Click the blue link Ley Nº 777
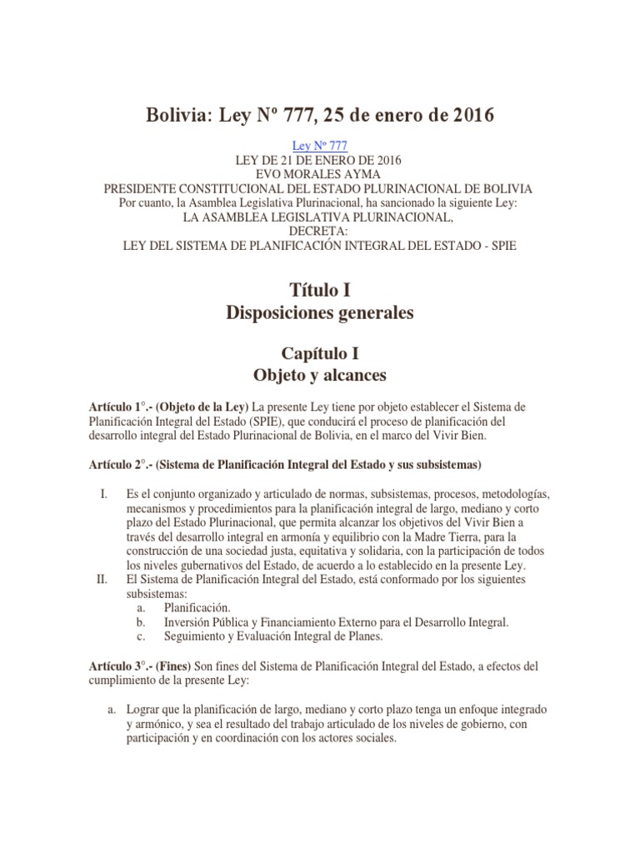tap(320, 145)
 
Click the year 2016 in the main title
tap(467, 115)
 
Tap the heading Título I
tap(320, 290)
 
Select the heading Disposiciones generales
tap(320, 313)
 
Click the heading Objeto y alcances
tap(320, 375)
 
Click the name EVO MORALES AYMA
tap(320, 174)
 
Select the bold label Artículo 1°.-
tap(122, 407)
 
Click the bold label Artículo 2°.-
tap(122, 463)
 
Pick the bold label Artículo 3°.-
tap(122, 667)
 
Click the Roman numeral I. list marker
tap(104, 494)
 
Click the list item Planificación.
tap(197, 608)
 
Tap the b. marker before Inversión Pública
tap(141, 622)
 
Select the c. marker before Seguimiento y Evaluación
tap(141, 637)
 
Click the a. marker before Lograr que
tap(110, 709)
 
